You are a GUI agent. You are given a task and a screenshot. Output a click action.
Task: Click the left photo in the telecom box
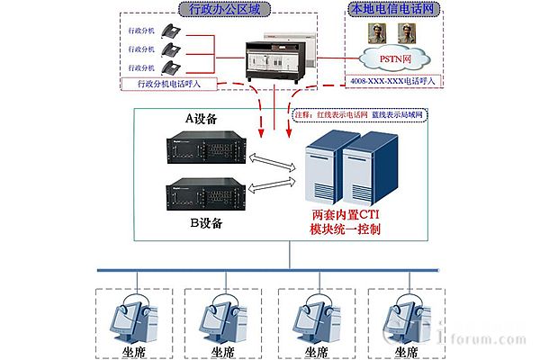coord(374,35)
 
